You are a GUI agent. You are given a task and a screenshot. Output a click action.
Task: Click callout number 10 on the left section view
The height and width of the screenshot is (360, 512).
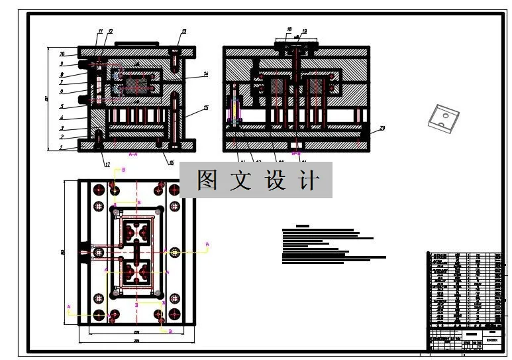pos(62,53)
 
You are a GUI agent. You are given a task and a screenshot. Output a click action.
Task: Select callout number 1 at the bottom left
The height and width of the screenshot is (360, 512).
pos(61,149)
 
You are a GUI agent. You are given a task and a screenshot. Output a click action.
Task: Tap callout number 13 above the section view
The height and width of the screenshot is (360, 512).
pos(184,32)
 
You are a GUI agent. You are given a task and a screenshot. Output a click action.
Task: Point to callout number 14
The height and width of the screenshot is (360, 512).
pos(206,74)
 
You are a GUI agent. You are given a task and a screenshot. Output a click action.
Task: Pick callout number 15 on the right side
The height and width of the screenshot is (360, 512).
pos(206,107)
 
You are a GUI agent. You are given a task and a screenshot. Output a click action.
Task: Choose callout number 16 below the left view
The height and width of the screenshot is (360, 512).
pos(171,161)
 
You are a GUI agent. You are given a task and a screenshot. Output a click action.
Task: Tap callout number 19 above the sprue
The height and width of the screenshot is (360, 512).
pos(304,31)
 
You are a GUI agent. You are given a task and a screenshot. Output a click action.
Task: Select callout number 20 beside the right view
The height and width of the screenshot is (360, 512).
pos(382,127)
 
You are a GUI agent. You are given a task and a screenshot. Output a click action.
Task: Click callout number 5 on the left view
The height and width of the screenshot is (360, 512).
pos(61,106)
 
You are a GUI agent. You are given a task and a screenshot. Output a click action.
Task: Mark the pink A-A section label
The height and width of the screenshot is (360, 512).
pos(132,154)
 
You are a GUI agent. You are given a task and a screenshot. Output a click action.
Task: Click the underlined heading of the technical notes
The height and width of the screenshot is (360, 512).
pos(303,226)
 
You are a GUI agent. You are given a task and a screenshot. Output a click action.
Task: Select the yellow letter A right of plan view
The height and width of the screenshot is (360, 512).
pos(207,245)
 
